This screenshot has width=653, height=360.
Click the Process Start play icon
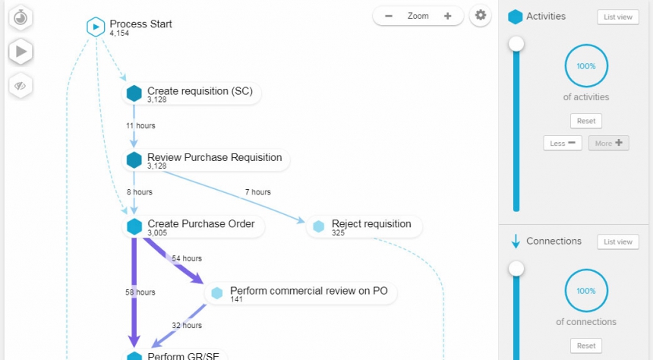(x=96, y=27)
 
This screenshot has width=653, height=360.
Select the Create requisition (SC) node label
(x=199, y=91)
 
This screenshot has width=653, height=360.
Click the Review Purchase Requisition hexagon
(x=134, y=159)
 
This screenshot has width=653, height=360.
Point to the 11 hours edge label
(x=140, y=125)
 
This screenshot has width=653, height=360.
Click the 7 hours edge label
(x=257, y=192)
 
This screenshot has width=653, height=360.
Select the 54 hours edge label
(x=188, y=259)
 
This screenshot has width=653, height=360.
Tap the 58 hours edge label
(x=140, y=292)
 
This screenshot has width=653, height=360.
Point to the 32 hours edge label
(x=187, y=326)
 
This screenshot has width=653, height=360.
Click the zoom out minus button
(x=389, y=16)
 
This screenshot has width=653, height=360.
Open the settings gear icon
(x=480, y=15)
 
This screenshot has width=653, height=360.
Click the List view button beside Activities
(x=617, y=17)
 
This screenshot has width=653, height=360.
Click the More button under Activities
(x=608, y=143)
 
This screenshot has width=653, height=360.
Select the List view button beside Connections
(x=617, y=242)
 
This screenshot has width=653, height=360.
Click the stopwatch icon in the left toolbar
(x=21, y=17)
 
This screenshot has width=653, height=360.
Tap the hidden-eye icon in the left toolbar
(x=21, y=85)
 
